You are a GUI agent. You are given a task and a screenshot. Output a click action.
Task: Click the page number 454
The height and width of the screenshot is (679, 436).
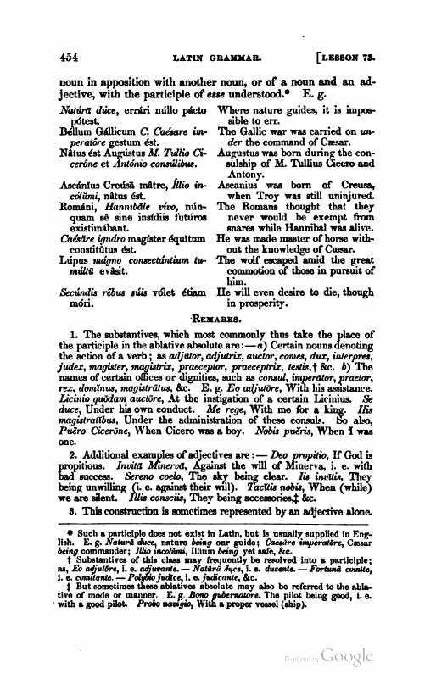64,58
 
